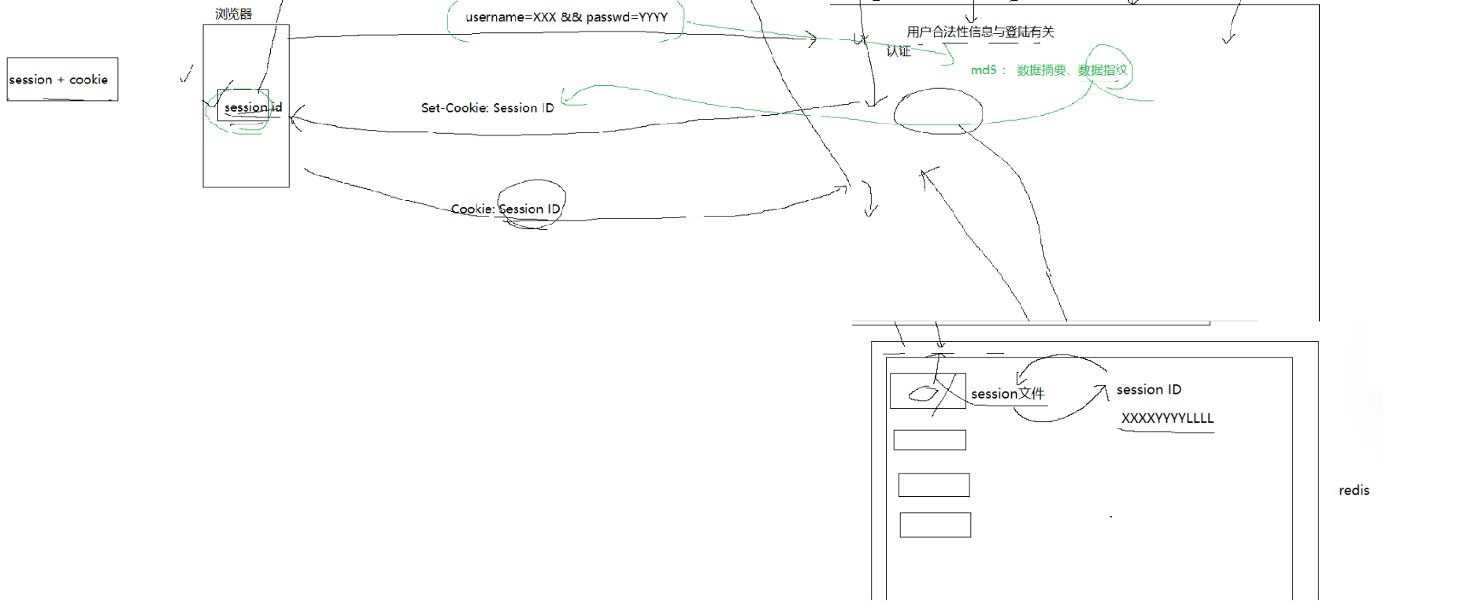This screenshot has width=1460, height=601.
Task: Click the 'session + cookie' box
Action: pos(62,80)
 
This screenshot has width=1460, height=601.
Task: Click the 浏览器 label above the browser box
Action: pos(233,14)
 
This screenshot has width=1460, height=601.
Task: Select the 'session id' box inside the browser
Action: pos(243,106)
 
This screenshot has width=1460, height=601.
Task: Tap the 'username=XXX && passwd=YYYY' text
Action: pos(566,17)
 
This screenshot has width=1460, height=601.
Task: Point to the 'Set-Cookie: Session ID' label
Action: pos(487,108)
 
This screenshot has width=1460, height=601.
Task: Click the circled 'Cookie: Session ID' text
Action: pos(506,209)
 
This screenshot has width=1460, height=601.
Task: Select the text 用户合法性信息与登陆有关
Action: pos(980,32)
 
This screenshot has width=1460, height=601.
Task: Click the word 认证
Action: pos(899,51)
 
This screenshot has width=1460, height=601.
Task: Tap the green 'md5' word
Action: pos(984,70)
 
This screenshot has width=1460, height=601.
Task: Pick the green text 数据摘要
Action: pos(1041,70)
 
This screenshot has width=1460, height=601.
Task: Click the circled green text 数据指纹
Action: pos(1102,70)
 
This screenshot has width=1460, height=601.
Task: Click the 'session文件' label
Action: pos(1007,394)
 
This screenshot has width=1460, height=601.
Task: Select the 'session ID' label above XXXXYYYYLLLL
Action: pos(1148,390)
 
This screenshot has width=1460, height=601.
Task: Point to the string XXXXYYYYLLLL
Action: pos(1167,418)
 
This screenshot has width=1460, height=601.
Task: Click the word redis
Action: pos(1354,491)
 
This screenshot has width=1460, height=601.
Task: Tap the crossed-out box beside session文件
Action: pos(928,391)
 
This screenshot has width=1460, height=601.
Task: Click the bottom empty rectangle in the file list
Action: pos(935,525)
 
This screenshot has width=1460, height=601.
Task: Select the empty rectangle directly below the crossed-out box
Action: pos(929,440)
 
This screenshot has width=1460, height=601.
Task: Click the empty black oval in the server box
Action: pos(938,111)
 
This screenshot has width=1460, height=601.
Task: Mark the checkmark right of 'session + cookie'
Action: pos(187,74)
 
